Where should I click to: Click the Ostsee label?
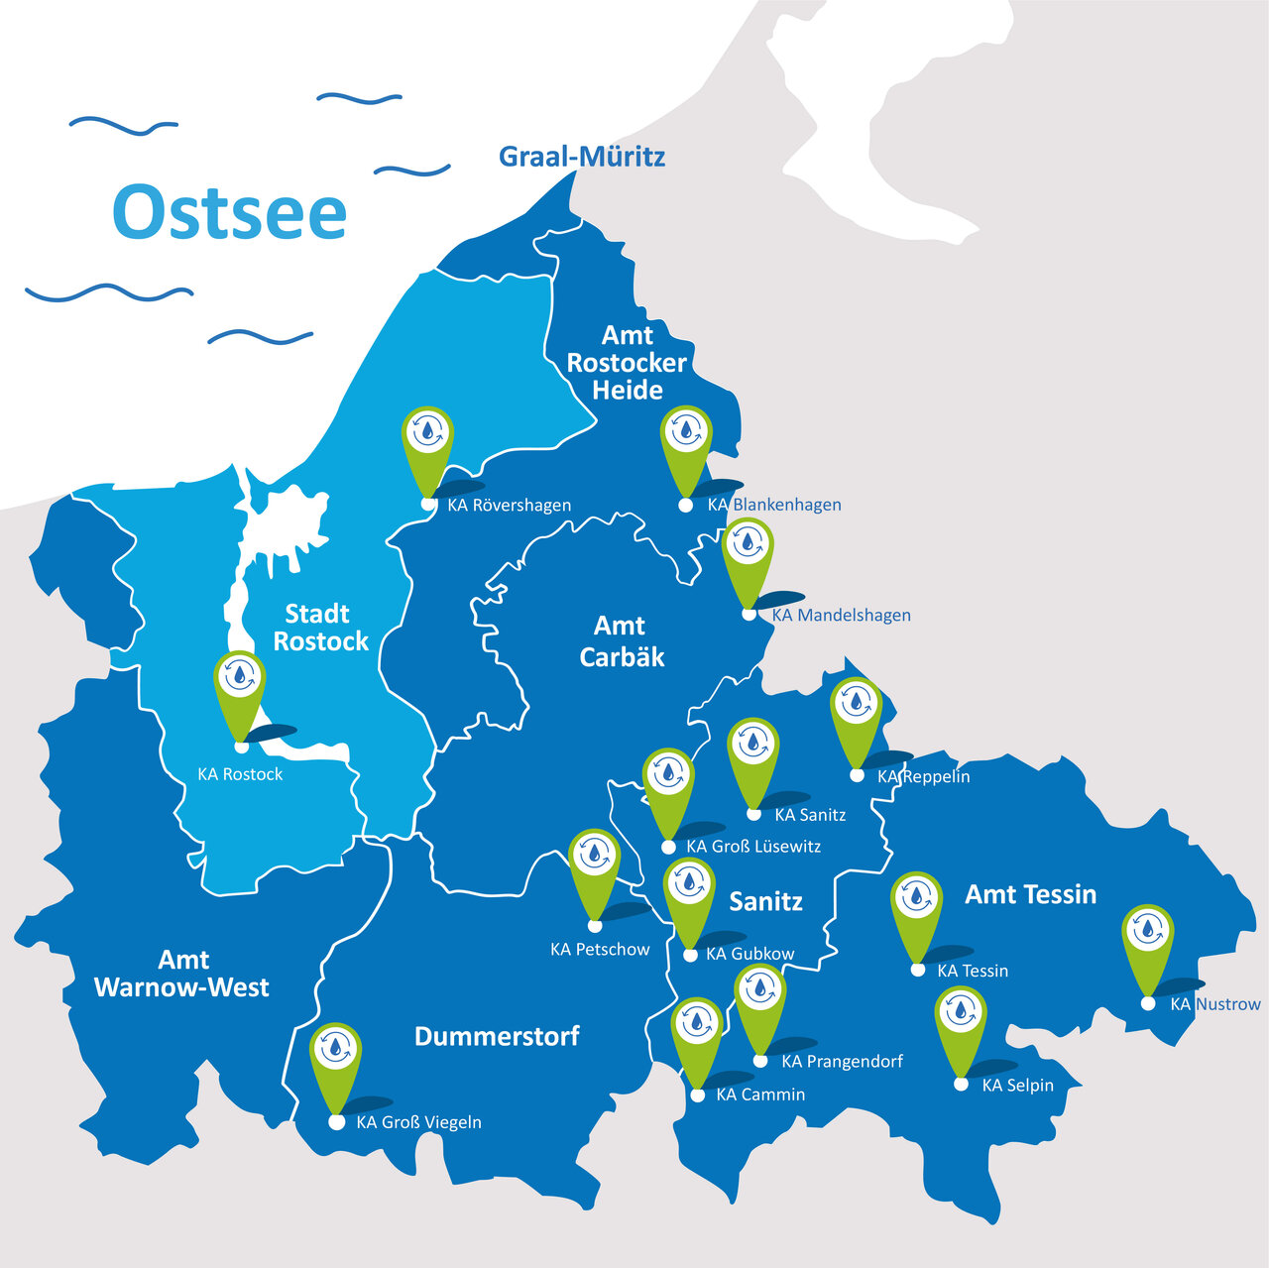[x=230, y=211]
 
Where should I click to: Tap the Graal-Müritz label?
[x=582, y=157]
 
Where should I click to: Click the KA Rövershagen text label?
[x=509, y=506]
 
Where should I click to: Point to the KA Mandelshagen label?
[x=841, y=615]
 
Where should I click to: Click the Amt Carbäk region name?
[x=621, y=640]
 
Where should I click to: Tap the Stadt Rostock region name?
[x=319, y=628]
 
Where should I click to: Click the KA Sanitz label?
[x=810, y=815]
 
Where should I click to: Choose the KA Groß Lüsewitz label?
[x=753, y=847]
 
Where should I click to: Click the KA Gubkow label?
[x=750, y=954]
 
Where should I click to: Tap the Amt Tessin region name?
[x=1030, y=894]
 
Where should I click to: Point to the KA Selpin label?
[x=1017, y=1086]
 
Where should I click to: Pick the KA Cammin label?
[x=760, y=1095]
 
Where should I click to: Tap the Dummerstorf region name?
[x=497, y=1037]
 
